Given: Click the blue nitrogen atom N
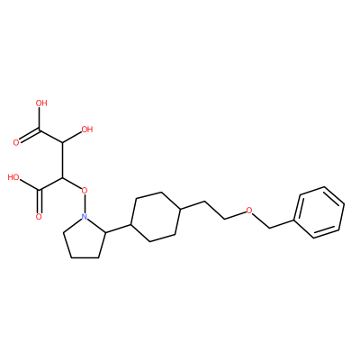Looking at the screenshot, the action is [85, 216].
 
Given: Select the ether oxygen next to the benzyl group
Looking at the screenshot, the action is [248, 210].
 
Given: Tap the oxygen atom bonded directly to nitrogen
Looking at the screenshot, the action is [85, 190].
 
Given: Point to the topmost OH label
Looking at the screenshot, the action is [41, 103].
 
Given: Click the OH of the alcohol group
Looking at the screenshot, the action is [87, 130].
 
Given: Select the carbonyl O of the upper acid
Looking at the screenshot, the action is [16, 143].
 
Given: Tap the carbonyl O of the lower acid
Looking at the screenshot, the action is [39, 217].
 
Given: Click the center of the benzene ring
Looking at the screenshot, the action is [319, 212].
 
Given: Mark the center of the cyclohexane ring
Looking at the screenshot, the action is [156, 217].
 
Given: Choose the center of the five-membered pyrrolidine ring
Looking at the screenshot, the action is [85, 238].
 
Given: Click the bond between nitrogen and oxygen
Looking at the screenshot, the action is [85, 203].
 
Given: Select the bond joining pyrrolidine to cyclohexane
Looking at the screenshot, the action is [119, 229].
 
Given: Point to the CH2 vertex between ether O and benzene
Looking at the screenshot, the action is [270, 228].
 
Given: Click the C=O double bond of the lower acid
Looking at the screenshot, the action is [40, 202].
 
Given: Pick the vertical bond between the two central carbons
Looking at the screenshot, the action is [62, 160].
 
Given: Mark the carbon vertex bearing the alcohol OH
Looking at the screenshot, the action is [62, 142].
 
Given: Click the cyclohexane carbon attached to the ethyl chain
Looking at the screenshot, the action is [180, 209].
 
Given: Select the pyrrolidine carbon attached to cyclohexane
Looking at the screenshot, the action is [106, 232].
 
